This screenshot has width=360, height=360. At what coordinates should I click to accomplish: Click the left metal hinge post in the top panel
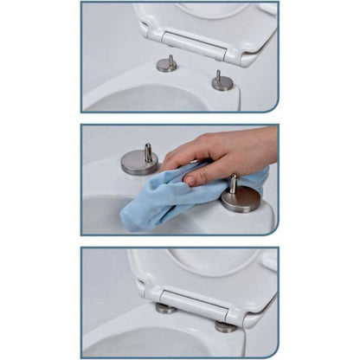point(167,64)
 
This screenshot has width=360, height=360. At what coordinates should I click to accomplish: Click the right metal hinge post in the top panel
point(222,81)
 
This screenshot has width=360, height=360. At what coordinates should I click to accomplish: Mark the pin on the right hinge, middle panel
point(233,184)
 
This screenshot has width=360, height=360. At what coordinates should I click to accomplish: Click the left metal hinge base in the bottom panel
point(166,307)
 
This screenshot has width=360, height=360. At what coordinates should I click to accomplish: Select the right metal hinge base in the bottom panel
point(226,326)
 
